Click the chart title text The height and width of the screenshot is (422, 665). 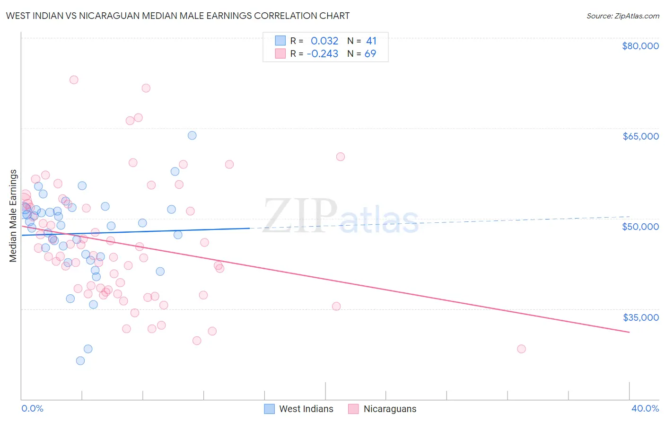point(178,16)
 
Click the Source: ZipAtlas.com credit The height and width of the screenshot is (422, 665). point(622,16)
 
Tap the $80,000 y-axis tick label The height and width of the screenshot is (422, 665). point(640,46)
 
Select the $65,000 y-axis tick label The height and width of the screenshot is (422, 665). point(640,136)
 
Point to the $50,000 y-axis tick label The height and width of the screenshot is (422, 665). point(640,227)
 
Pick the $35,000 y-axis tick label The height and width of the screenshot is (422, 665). point(640,317)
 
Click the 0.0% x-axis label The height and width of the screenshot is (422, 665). point(32,409)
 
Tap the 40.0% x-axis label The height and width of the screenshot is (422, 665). point(645,409)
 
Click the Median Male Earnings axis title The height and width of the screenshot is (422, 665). point(13,216)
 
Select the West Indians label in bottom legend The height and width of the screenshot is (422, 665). point(306,409)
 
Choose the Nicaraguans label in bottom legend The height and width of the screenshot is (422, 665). point(390,409)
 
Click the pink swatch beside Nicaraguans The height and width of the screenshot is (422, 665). point(353,409)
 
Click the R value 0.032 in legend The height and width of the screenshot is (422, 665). point(324,41)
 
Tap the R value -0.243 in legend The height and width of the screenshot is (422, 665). point(323,54)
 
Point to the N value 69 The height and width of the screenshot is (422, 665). point(370,54)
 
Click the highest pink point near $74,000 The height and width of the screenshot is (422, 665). point(74,80)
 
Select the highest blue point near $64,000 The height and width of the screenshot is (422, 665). point(192,136)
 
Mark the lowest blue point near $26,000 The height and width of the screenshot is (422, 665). point(80,361)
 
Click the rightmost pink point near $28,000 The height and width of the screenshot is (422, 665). point(521,349)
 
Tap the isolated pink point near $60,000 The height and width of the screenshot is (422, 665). point(341,157)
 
